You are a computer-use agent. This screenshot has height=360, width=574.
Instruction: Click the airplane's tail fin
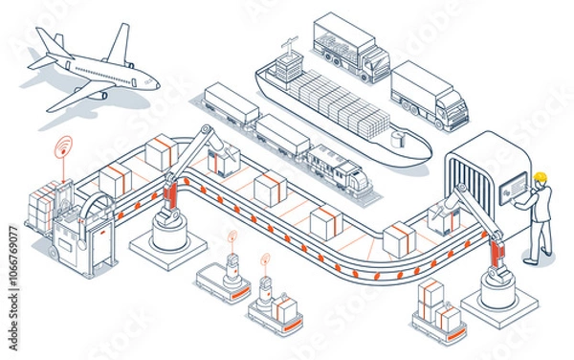[48, 41]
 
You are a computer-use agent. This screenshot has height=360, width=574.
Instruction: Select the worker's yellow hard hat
[541, 177]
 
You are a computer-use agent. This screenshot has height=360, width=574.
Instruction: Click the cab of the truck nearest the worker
[449, 108]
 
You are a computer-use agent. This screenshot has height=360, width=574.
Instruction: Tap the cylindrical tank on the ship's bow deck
[398, 140]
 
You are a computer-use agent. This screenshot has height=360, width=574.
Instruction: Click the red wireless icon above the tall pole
[64, 146]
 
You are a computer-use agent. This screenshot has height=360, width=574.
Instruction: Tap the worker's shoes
[531, 259]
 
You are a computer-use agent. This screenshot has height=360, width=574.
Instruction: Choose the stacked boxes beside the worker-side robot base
[432, 305]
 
